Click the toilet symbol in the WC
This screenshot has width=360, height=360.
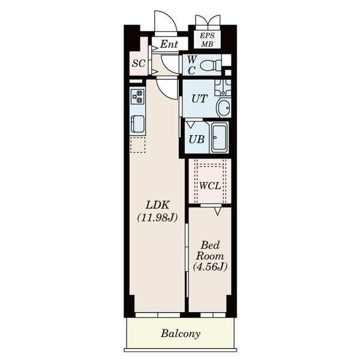coord(211,65)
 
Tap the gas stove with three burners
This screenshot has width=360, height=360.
coord(137,97)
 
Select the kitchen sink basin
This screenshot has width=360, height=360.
coord(137,124)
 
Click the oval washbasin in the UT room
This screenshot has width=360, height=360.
coord(223,108)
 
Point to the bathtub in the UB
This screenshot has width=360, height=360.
coord(219,137)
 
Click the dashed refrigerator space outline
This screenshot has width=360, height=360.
coord(138,145)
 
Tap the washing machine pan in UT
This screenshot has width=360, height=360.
coord(223,88)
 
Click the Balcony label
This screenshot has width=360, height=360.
coord(181,334)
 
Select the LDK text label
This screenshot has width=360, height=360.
coord(157,205)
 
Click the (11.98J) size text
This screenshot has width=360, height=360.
coord(157,218)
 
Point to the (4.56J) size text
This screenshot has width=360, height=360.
coord(210,267)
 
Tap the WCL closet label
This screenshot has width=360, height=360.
coord(210,186)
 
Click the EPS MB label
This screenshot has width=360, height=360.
coord(207,40)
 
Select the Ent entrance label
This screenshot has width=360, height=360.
coord(169,44)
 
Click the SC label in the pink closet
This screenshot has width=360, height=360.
coord(139,63)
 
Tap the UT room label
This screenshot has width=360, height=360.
coord(200,99)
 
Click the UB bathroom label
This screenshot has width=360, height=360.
coord(197,139)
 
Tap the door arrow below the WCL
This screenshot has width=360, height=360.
coord(217,211)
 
